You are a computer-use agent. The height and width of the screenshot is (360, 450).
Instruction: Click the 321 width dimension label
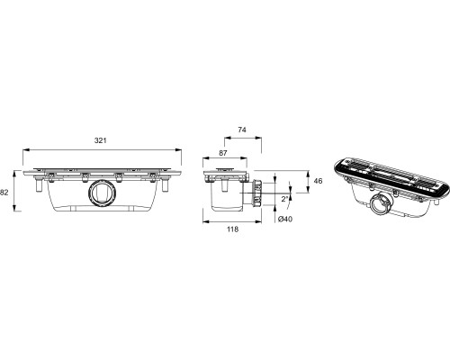101,140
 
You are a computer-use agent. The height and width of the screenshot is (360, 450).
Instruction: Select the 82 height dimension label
4,193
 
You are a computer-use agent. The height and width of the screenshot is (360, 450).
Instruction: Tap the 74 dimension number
242,130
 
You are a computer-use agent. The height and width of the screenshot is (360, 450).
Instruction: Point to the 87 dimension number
223,153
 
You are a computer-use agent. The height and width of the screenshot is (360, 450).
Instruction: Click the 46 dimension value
318,181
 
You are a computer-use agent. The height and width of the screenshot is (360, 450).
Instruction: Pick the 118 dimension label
232,229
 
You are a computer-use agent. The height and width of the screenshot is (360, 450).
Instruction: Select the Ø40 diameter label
285,220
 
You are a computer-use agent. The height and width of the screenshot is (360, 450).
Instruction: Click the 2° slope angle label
284,199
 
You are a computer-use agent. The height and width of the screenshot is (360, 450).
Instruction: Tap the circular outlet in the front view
102,193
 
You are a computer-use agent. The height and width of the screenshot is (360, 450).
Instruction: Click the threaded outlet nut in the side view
257,193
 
